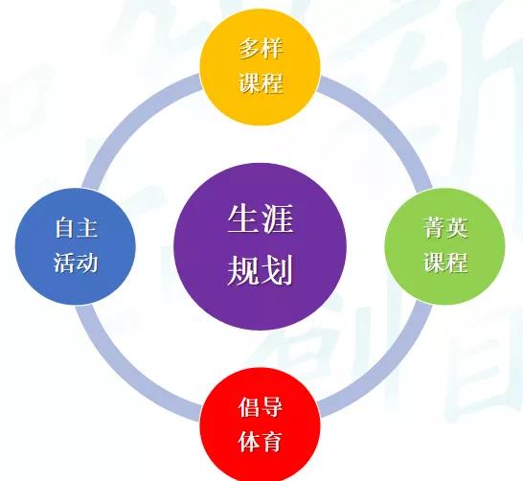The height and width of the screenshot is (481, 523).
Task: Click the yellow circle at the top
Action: tap(261, 67)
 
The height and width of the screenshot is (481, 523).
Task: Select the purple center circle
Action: tap(261, 246)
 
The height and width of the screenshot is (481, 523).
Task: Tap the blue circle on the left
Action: tap(76, 246)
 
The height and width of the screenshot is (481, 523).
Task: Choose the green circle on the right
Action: tap(445, 246)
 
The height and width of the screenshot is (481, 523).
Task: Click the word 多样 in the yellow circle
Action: tap(261, 49)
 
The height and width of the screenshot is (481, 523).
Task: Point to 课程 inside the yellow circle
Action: tap(261, 82)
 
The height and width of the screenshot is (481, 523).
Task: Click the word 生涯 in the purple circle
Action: tap(261, 218)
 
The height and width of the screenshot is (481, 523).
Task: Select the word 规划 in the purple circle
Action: tap(261, 269)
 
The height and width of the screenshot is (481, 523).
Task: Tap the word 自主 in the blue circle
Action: tap(77, 228)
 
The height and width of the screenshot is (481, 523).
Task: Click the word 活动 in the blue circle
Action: tap(76, 263)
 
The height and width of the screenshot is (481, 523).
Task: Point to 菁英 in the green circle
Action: tap(445, 228)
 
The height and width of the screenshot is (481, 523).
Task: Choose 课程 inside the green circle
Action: tap(445, 263)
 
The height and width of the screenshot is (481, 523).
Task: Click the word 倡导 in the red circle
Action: tap(261, 407)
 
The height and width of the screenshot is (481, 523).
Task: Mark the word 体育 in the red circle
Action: tap(261, 441)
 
